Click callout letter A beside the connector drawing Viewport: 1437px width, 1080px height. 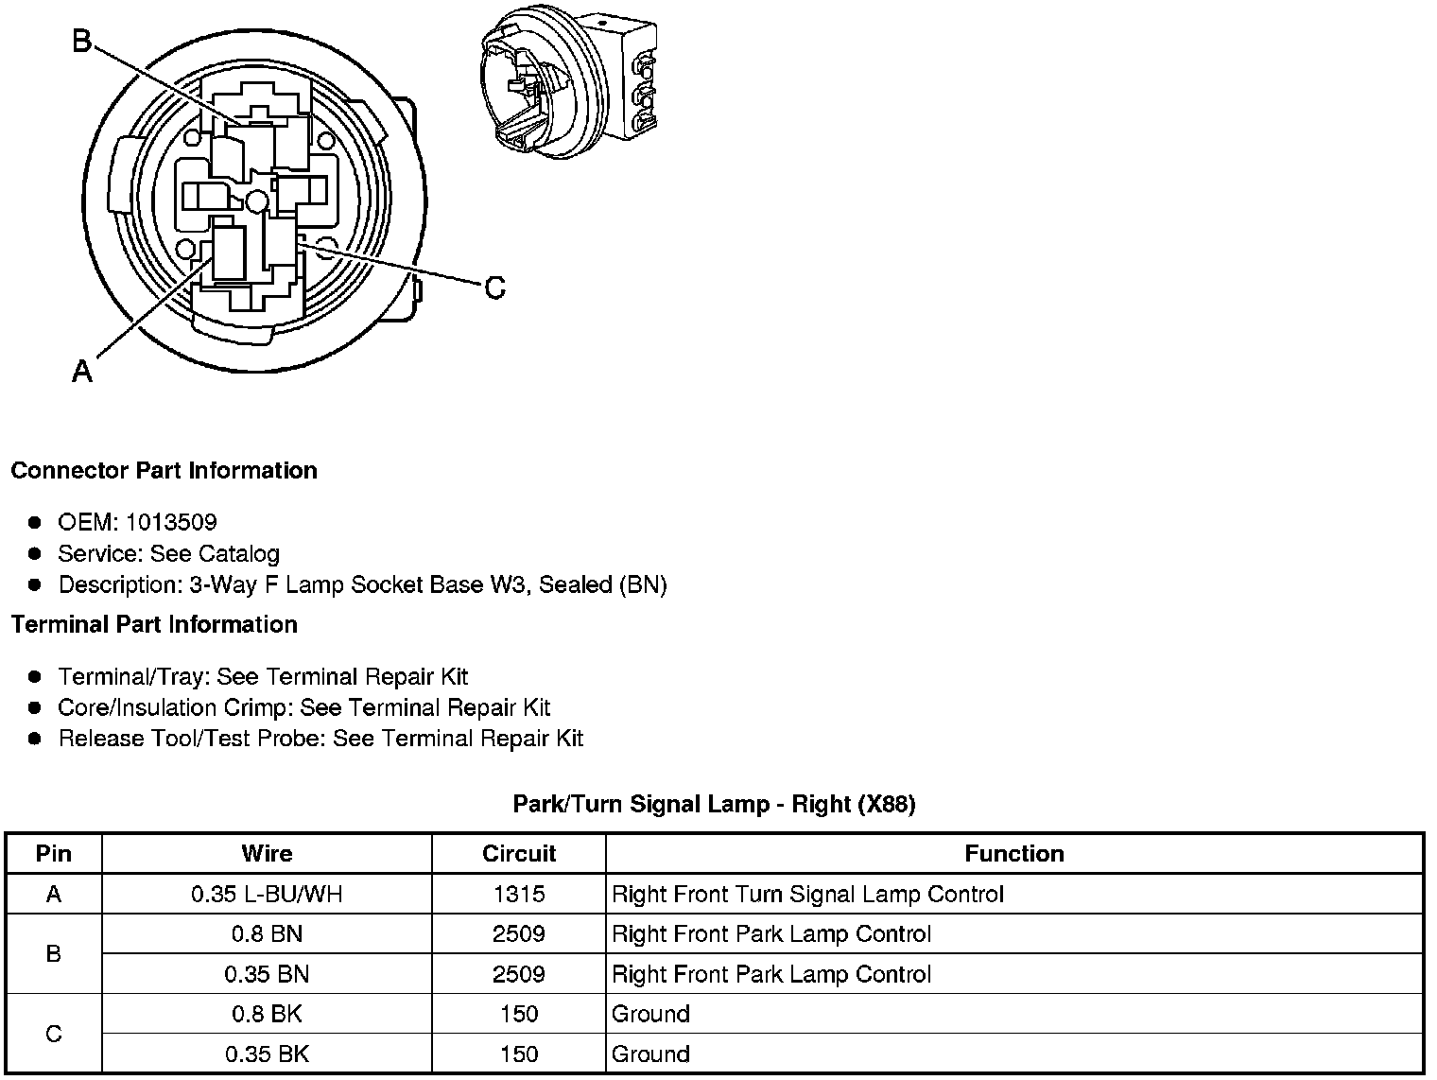tap(82, 372)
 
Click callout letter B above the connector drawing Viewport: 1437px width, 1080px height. tap(82, 42)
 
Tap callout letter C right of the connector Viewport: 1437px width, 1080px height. tap(494, 287)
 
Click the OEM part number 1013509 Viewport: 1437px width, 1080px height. tap(171, 522)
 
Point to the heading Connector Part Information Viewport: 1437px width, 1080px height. tap(164, 471)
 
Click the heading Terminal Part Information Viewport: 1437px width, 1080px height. tap(154, 625)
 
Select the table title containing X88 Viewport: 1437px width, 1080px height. tap(714, 805)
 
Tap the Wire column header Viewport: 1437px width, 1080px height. tap(267, 854)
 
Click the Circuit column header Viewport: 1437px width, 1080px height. tap(518, 854)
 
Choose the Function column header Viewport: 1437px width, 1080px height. tap(1013, 854)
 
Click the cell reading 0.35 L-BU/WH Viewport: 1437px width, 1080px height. tap(267, 895)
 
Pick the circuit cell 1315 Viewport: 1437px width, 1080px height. tap(518, 895)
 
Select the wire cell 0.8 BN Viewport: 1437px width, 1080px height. tap(267, 934)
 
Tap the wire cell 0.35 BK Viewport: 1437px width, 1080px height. tap(267, 1054)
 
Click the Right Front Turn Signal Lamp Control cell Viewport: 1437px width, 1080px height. tap(807, 895)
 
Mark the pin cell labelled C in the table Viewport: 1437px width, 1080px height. tap(54, 1035)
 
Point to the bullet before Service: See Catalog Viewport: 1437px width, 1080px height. tap(35, 553)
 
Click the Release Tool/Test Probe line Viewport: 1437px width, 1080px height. tap(320, 739)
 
